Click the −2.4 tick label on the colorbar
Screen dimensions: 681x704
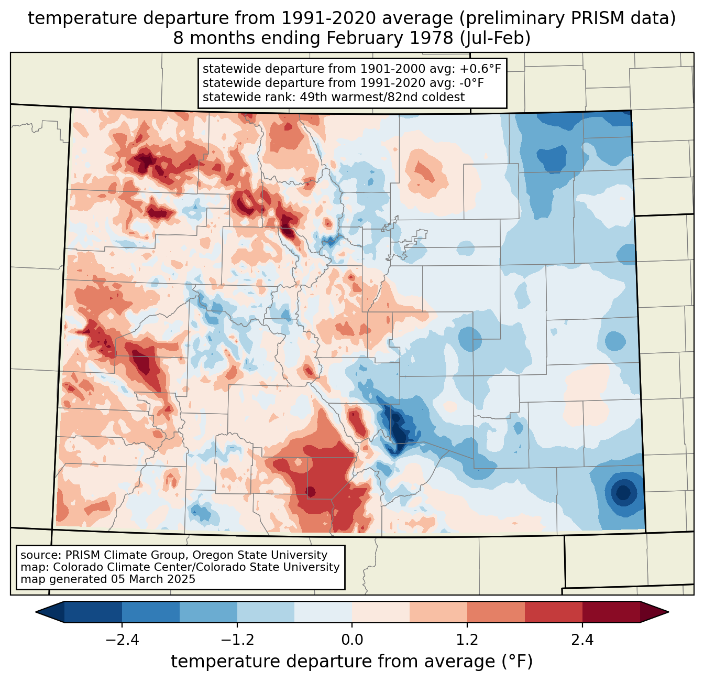[x=122, y=640]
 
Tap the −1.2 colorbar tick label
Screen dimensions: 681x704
[x=237, y=640]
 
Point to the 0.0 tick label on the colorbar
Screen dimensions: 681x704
[x=352, y=640]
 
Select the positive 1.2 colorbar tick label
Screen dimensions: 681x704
[x=467, y=640]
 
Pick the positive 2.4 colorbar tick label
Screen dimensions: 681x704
[x=582, y=640]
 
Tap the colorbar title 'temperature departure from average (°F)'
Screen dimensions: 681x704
[x=352, y=662]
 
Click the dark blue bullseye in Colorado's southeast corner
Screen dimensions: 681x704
[x=623, y=493]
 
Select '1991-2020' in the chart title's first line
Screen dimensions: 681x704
[x=317, y=18]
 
